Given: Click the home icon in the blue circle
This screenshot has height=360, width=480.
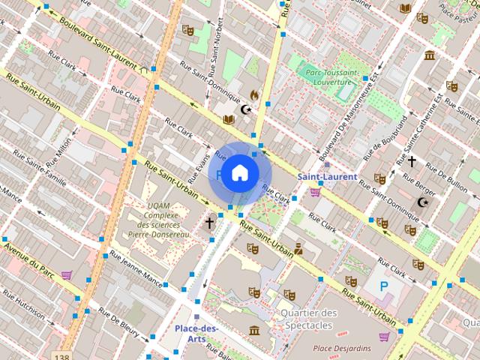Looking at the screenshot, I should [239, 173].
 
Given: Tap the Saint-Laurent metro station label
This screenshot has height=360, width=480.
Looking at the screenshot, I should [328, 176].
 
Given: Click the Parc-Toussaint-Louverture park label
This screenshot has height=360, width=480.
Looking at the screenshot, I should [334, 77].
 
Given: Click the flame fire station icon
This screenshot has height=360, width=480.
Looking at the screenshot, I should [254, 95].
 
